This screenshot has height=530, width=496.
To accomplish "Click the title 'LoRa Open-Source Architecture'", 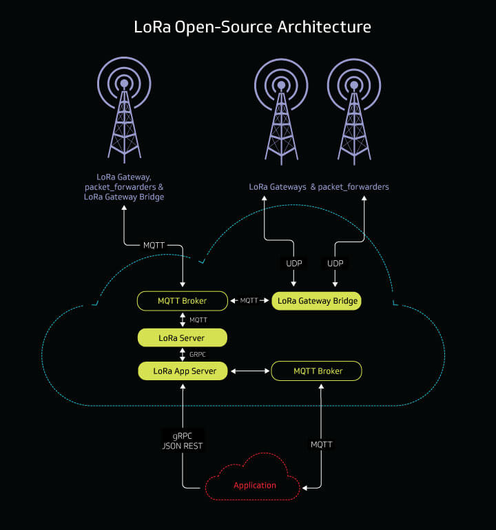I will [252, 27].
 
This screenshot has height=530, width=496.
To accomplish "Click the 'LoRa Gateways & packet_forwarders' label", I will [319, 187].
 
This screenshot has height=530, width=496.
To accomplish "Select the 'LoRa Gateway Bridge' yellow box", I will [317, 301].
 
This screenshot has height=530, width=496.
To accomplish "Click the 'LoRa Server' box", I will [182, 337].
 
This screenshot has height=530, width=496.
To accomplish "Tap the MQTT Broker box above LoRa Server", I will [182, 301].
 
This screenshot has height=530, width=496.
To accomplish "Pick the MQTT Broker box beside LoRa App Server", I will [317, 371].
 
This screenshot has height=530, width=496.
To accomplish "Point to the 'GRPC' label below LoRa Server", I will [197, 354].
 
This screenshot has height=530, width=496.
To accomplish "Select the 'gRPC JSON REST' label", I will [183, 440].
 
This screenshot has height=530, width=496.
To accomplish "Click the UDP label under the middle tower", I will [294, 264].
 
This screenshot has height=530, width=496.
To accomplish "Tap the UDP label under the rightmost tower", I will [335, 264].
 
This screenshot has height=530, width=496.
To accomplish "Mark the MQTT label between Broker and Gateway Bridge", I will [249, 301].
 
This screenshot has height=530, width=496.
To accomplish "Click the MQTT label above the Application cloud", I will [321, 444].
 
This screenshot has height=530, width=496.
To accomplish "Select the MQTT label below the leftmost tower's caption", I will [153, 245].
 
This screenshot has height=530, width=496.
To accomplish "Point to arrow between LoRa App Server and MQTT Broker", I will [249, 371].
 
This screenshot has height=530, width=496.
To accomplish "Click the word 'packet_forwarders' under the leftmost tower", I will [124, 187].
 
